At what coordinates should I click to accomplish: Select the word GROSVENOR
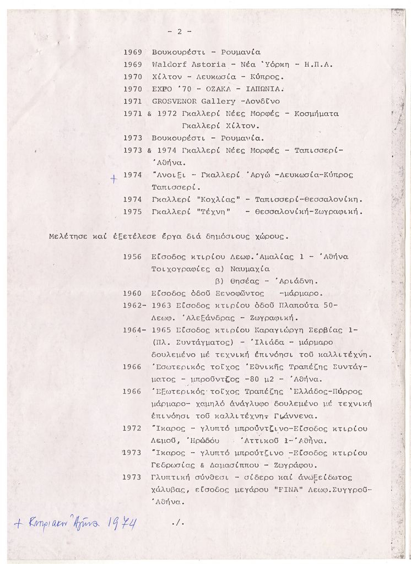point(174,101)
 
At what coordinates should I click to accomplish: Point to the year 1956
point(132,257)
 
